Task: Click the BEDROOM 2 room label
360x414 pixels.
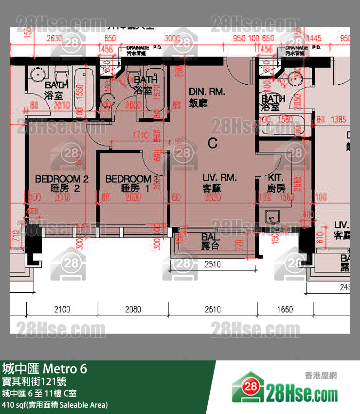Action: pyautogui.click(x=62, y=179)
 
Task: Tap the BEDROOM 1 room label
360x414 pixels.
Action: pyautogui.click(x=128, y=179)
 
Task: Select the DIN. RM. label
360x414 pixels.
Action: pyautogui.click(x=207, y=92)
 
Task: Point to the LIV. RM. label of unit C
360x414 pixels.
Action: pyautogui.click(x=220, y=178)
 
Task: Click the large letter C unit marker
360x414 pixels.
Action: pyautogui.click(x=212, y=143)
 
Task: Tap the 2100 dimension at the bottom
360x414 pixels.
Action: pyautogui.click(x=62, y=309)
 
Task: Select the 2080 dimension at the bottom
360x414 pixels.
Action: pyautogui.click(x=133, y=309)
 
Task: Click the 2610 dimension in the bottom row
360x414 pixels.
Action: pyautogui.click(x=213, y=309)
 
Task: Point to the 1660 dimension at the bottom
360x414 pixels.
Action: pyautogui.click(x=285, y=309)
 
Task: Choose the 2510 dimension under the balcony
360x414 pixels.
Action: pyautogui.click(x=213, y=264)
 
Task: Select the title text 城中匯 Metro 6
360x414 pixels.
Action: pyautogui.click(x=45, y=369)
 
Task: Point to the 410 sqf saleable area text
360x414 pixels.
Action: pyautogui.click(x=54, y=404)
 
